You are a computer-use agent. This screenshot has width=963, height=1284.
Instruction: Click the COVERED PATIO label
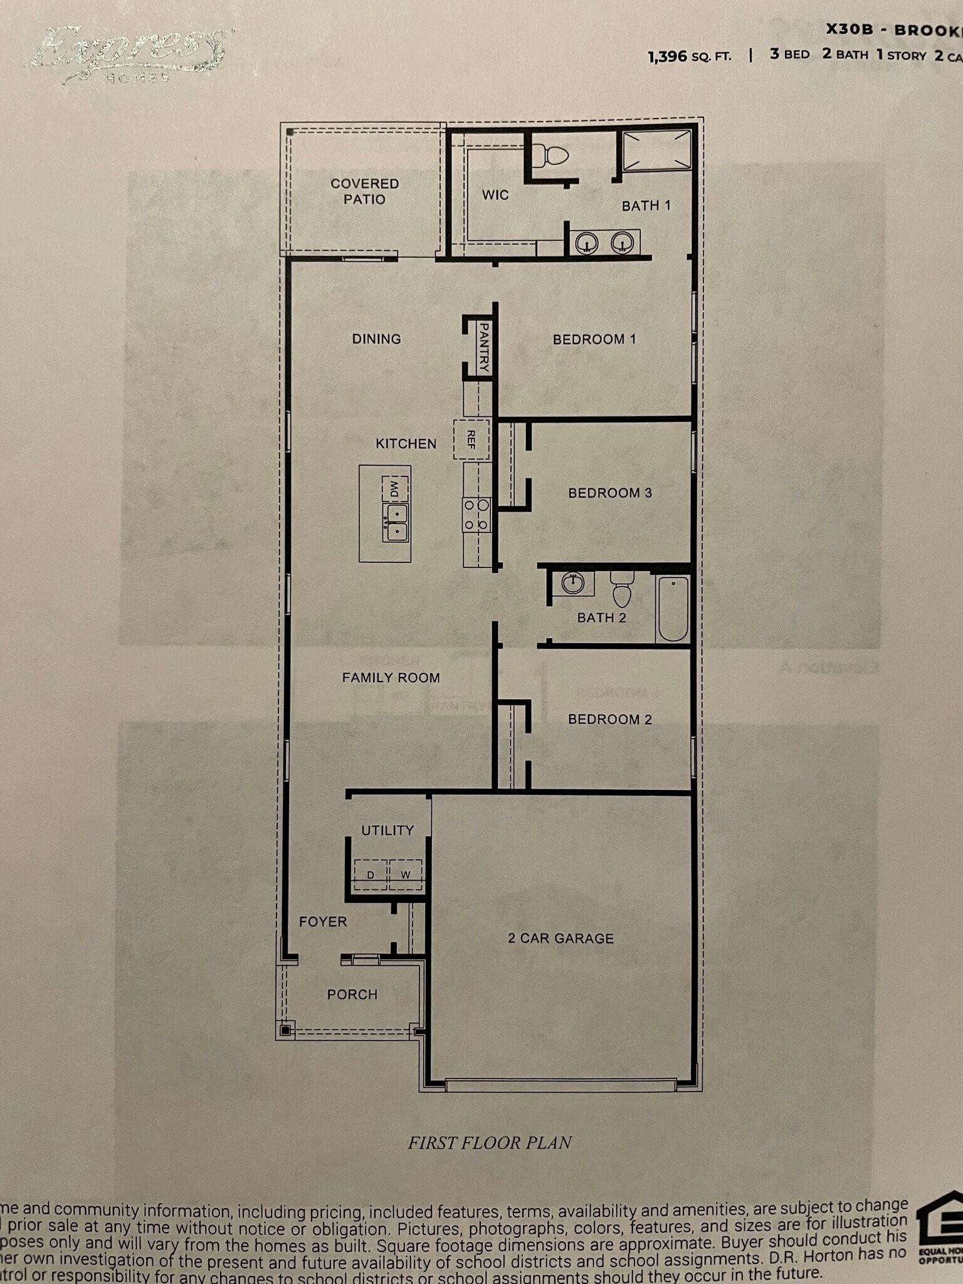point(365,191)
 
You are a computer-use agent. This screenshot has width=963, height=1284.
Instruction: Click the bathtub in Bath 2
point(673,608)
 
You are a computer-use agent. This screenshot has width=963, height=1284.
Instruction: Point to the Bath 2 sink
point(572,584)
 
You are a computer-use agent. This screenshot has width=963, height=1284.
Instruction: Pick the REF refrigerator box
point(471,439)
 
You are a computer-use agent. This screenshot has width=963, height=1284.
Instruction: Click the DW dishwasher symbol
point(394,488)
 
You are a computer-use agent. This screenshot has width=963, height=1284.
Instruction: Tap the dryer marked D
point(371,874)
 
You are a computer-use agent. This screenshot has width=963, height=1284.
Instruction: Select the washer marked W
point(406,874)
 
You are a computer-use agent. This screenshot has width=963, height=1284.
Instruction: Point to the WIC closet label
point(495,195)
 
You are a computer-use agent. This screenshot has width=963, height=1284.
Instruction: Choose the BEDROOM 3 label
point(610,493)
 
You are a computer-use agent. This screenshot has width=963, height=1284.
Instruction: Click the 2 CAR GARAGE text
point(560,939)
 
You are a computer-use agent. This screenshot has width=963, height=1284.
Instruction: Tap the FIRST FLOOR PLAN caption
point(490,1143)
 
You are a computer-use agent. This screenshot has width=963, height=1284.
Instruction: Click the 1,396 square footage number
point(668,56)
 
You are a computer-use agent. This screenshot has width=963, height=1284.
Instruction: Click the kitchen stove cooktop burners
point(476,514)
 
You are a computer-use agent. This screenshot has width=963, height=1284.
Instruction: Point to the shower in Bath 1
point(657,150)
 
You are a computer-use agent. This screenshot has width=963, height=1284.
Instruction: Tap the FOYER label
point(323,922)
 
